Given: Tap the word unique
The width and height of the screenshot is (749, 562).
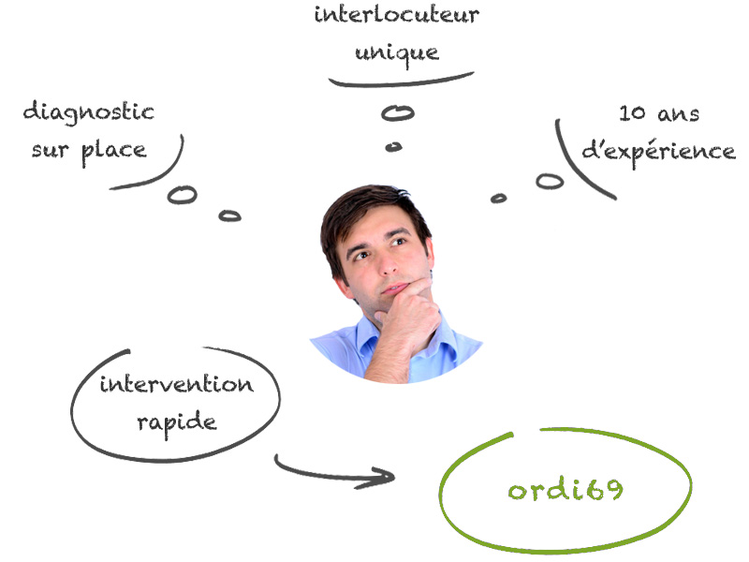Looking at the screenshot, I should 396,51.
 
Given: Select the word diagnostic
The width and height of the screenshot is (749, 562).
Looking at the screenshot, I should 89,112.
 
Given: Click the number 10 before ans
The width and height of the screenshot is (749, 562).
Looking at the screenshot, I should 634,114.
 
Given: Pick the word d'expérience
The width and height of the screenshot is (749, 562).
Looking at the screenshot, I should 658,151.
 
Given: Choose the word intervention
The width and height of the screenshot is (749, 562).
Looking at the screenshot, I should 176,384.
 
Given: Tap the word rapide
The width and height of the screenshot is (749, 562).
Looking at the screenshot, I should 176,421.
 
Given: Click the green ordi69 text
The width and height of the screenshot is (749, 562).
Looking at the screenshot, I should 565,490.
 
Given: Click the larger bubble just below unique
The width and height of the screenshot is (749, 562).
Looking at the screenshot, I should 398,113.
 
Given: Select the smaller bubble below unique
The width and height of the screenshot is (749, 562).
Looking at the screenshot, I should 394,146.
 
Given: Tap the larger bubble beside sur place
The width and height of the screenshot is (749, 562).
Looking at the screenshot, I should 183,195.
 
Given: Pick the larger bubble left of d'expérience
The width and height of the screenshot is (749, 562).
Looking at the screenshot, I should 550,181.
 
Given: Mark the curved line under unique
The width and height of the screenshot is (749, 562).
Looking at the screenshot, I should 403,82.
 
